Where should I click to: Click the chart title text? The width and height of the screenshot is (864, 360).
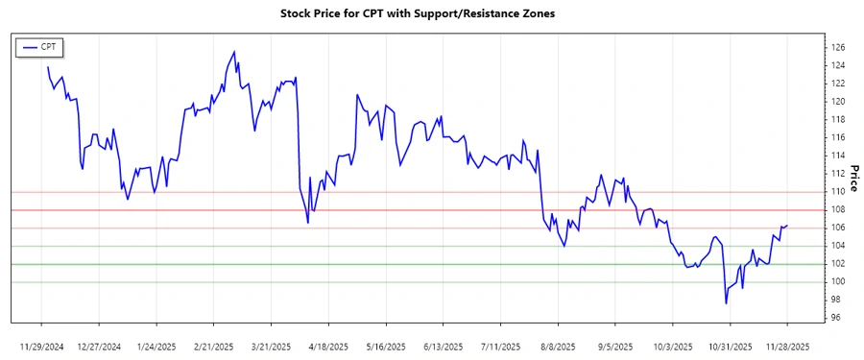(x=431, y=14)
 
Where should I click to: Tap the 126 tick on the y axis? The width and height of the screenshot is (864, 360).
(x=837, y=47)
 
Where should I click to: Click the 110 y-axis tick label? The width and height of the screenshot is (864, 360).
(x=837, y=191)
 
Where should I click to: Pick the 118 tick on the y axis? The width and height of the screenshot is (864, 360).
(x=837, y=119)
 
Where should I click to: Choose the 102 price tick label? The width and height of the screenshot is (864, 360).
(x=837, y=263)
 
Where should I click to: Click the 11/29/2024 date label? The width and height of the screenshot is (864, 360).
(x=42, y=346)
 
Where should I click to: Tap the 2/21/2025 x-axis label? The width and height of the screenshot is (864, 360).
(x=214, y=346)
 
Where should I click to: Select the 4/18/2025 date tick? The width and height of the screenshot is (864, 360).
(x=328, y=346)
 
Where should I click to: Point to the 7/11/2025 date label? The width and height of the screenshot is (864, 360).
(x=500, y=346)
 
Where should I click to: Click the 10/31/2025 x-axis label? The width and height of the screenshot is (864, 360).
(x=730, y=346)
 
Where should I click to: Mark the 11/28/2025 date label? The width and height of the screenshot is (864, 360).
(x=787, y=346)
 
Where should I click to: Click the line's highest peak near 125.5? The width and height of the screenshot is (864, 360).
(x=234, y=52)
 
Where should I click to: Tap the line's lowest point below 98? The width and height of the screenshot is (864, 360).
(x=726, y=303)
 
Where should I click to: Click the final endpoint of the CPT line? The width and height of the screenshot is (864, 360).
(x=787, y=226)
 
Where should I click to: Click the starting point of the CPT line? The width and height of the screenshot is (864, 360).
(x=47, y=67)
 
